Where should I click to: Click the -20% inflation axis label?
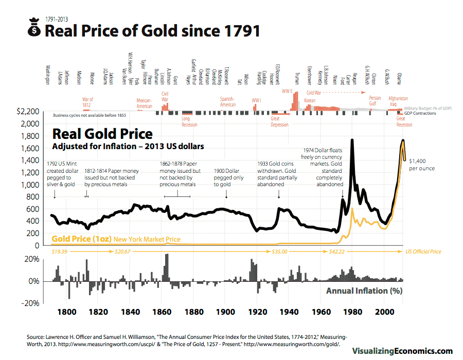click(x=30, y=303)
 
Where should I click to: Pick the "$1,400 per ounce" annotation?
click(x=422, y=165)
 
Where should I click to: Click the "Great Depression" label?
click(x=279, y=121)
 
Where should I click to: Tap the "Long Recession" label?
click(x=189, y=121)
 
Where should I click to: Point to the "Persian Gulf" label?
click(x=375, y=101)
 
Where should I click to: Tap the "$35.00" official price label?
click(x=279, y=252)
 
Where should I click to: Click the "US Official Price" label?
click(x=423, y=252)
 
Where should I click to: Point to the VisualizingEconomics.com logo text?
click(x=402, y=351)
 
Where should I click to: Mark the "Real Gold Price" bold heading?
click(x=102, y=134)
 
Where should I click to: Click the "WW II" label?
click(x=287, y=91)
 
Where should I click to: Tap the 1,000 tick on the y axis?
click(x=30, y=185)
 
